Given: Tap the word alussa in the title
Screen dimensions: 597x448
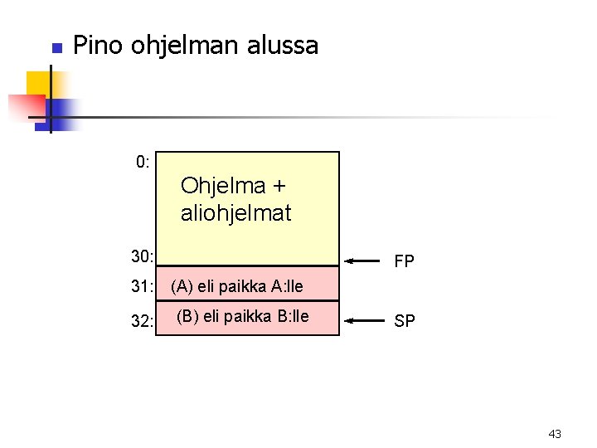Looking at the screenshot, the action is click(x=283, y=45).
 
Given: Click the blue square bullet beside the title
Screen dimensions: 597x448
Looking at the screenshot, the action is click(x=56, y=48).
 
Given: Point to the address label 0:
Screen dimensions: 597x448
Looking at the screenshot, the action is click(x=143, y=162).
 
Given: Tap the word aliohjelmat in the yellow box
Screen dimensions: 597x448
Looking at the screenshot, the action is click(x=236, y=213).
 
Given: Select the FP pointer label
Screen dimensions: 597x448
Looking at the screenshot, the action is click(x=405, y=262).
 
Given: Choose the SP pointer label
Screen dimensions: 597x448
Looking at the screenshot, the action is click(x=405, y=321).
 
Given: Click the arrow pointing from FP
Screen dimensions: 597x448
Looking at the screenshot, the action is click(x=362, y=261).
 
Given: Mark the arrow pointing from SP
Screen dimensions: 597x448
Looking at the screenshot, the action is click(x=362, y=319).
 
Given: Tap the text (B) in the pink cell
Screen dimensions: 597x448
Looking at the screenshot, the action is click(x=189, y=316).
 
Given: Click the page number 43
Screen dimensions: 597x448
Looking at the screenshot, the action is click(x=555, y=434).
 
